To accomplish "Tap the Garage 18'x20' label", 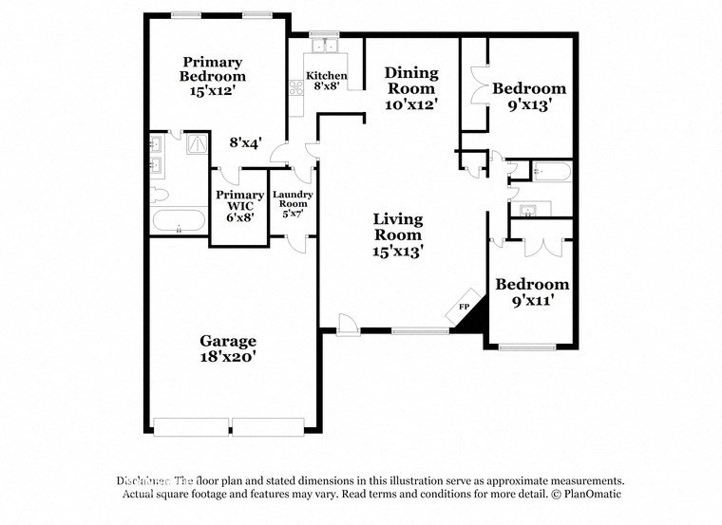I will coord(228,348).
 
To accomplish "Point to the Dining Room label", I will coord(410,88).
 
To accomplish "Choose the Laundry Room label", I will coord(292,205).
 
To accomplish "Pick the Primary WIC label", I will coord(239,206).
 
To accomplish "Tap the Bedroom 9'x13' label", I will coord(528,96).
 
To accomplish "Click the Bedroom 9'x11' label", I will coord(532,291).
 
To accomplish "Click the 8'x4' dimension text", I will coord(246,143).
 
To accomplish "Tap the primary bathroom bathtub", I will coord(178,223).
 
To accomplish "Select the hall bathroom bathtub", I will coord(551,172).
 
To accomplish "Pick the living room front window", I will coord(420,331).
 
